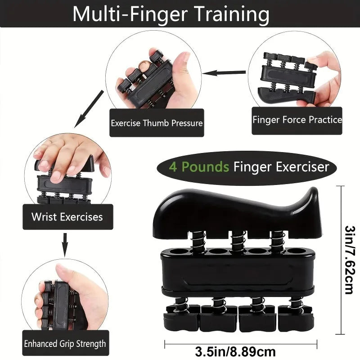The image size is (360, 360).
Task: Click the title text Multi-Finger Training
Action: coord(171,14)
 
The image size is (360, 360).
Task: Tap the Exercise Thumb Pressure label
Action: coord(157,123)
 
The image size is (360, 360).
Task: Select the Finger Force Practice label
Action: coord(297,120)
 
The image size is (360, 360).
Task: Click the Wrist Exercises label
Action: coord(67,217)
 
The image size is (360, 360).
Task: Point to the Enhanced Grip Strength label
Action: coord(65,344)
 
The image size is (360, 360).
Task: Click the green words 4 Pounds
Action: coord(199,168)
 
